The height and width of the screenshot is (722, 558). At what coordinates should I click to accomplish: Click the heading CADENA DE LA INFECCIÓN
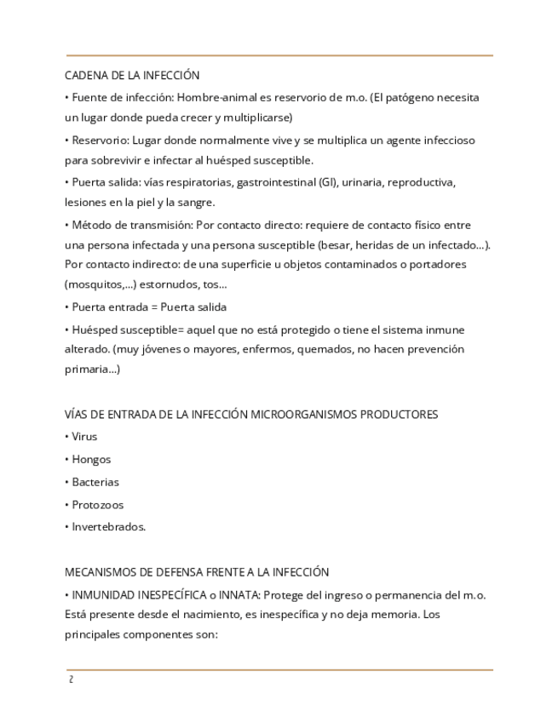click(x=132, y=76)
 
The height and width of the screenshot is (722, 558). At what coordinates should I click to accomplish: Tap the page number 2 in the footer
click(x=72, y=679)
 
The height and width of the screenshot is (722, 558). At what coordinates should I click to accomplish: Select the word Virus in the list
click(x=84, y=437)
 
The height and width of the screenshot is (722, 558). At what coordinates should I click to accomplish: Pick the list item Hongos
click(x=91, y=460)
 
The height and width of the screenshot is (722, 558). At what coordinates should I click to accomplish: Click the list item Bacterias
click(x=95, y=482)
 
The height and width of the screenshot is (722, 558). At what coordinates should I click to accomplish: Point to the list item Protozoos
click(x=98, y=505)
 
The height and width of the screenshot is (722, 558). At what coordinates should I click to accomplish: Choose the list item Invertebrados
click(x=108, y=527)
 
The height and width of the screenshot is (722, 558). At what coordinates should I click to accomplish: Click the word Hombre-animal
click(x=215, y=97)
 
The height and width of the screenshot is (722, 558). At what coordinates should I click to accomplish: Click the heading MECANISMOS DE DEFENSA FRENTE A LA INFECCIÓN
click(x=197, y=572)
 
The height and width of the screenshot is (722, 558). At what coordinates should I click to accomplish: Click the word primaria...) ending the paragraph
click(x=93, y=370)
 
